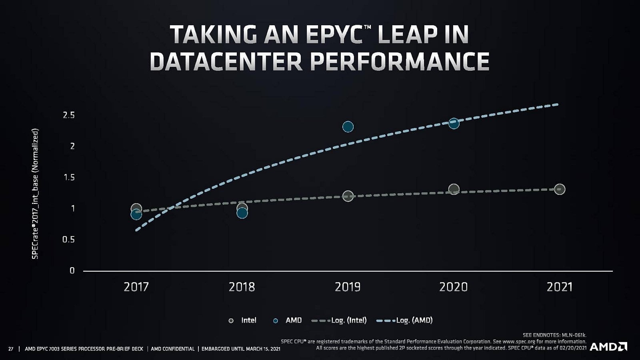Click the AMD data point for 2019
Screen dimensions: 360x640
(348, 127)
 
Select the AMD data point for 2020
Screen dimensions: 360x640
(454, 123)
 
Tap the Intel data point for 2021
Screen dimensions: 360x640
(560, 189)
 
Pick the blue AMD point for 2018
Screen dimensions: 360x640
(242, 213)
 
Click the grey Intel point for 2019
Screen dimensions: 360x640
(348, 196)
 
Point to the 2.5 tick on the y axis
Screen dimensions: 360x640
(69, 115)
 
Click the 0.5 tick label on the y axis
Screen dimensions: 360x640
(69, 240)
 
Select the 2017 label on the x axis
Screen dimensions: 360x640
(136, 287)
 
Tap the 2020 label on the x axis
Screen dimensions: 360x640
(453, 287)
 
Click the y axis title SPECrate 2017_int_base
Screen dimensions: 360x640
(35, 194)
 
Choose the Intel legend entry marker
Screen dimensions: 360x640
(231, 320)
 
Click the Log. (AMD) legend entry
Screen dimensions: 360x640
(404, 320)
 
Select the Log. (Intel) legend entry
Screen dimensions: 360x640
(339, 320)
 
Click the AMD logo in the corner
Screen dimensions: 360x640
(608, 346)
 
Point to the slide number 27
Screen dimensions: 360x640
(11, 349)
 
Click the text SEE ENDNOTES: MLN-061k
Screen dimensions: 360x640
(554, 335)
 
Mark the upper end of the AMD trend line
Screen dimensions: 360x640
(557, 104)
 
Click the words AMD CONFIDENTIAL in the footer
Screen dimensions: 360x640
(172, 349)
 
